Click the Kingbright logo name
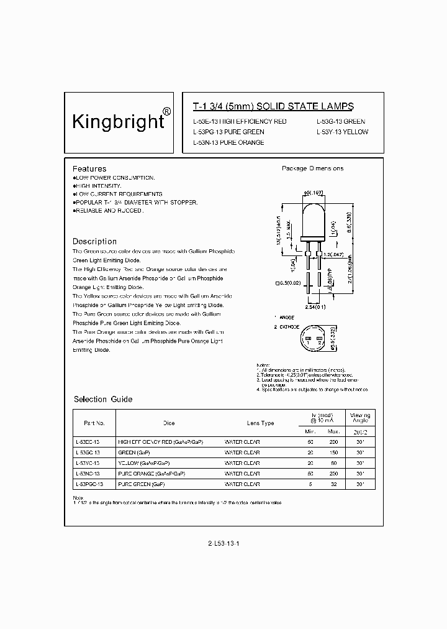click(x=118, y=120)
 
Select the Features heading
click(x=89, y=168)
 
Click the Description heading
click(x=94, y=241)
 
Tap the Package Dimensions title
click(x=312, y=168)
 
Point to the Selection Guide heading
click(x=103, y=399)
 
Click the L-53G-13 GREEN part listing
click(x=341, y=122)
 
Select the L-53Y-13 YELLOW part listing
click(x=342, y=132)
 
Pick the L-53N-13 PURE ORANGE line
click(x=228, y=142)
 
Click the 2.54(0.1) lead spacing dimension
click(x=317, y=307)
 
